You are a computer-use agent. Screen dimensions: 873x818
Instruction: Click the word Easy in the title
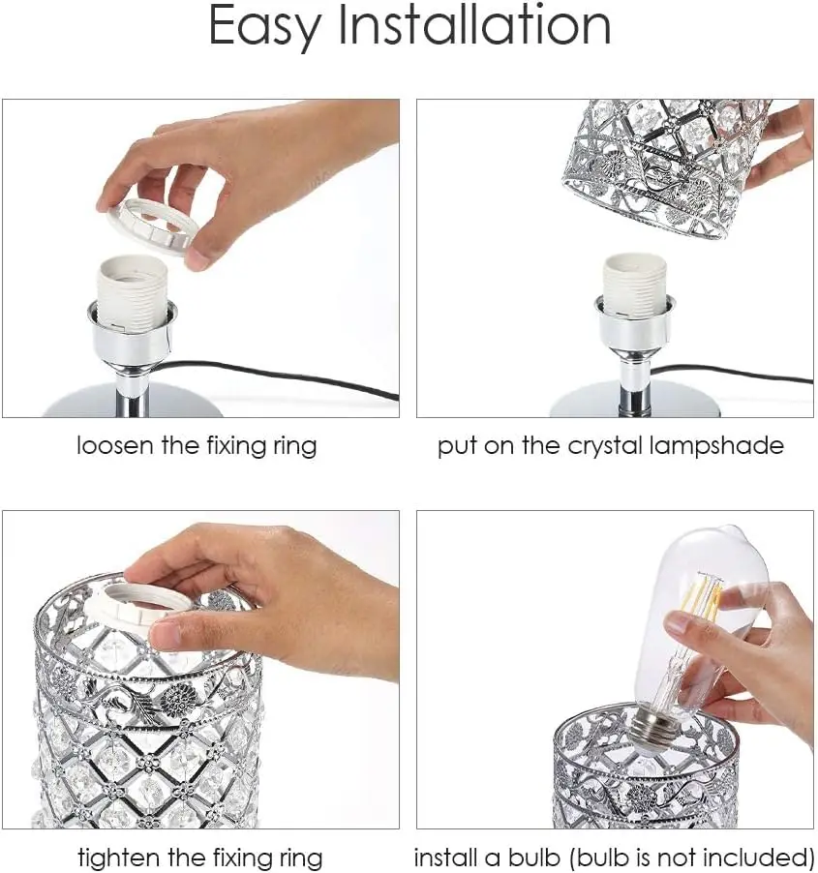pos(263,27)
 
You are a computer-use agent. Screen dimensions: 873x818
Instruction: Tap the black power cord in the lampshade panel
pos(736,375)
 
